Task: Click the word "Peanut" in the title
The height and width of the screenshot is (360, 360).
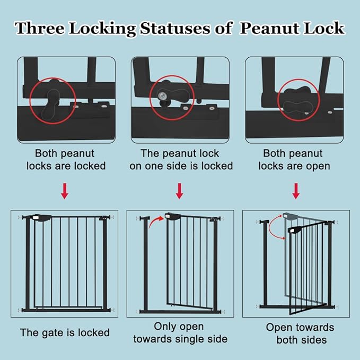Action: [269, 29]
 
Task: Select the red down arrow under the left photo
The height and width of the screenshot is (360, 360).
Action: [64, 191]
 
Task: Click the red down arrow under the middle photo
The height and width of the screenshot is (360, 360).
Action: [179, 191]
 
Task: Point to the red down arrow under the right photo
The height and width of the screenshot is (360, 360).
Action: [296, 191]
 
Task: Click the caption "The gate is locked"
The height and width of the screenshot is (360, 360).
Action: [65, 333]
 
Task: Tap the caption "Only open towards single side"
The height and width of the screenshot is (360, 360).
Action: [179, 332]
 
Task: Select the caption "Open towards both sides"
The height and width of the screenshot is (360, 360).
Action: [300, 333]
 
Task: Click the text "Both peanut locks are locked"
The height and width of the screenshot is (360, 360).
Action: [71, 160]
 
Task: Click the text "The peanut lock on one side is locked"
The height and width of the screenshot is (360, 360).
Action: [181, 160]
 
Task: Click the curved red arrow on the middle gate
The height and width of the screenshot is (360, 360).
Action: [156, 222]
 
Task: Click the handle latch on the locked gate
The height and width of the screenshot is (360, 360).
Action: [41, 217]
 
